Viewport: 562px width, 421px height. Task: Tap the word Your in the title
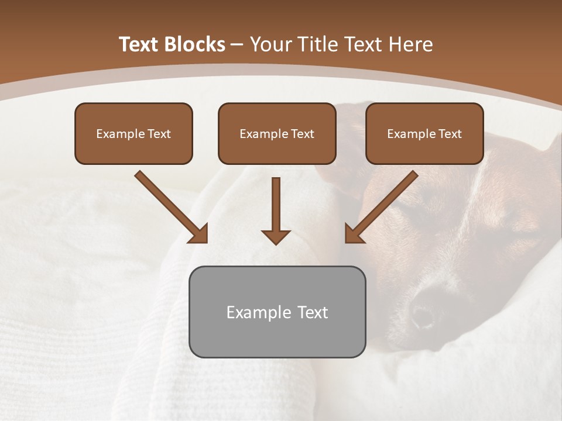point(272,44)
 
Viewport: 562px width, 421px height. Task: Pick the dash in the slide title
point(237,45)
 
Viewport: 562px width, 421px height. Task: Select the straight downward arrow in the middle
point(276,210)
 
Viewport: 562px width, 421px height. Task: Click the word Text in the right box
point(450,134)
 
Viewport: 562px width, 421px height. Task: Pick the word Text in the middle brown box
point(302,134)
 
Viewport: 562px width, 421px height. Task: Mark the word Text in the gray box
point(313,312)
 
